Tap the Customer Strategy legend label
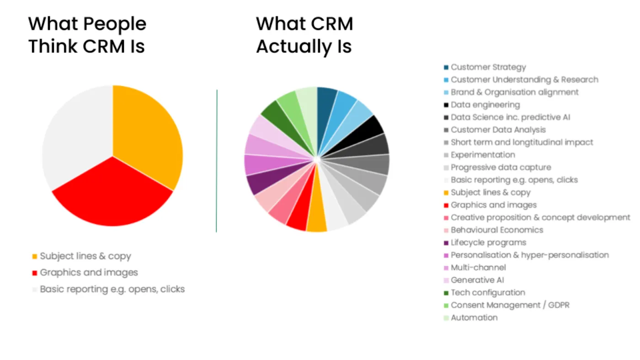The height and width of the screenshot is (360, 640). coord(488,67)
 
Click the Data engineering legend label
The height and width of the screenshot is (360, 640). coord(485,105)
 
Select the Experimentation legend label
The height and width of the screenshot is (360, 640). coord(483,155)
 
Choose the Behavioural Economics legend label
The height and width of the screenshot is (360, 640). coord(497,230)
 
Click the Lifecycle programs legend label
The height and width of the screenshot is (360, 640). coord(489,243)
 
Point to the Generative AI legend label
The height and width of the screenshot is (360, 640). coord(477,280)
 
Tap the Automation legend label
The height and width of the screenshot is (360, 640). coord(475,318)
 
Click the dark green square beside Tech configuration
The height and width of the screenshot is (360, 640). coord(446,293)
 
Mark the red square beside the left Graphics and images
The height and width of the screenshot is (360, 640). coord(35,273)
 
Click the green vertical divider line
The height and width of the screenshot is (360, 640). coord(217,161)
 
